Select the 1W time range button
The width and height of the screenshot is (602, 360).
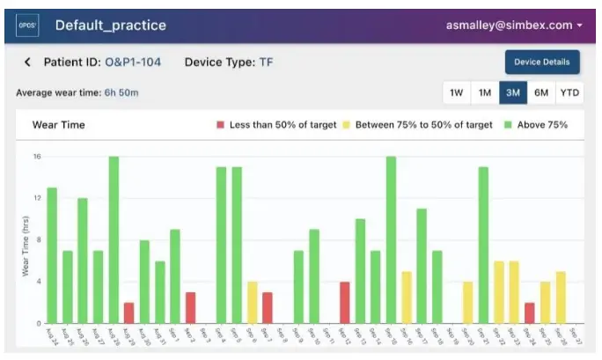click(456, 92)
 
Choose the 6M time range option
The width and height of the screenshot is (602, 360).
click(540, 92)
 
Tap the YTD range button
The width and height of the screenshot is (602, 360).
click(569, 92)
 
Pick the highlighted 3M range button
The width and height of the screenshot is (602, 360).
click(512, 92)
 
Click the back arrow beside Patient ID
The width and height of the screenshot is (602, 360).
click(27, 62)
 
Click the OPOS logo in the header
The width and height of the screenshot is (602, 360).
click(27, 26)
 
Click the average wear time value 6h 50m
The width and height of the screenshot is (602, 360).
click(122, 92)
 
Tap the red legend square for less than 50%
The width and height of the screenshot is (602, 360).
click(220, 125)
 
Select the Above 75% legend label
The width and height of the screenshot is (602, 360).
click(542, 125)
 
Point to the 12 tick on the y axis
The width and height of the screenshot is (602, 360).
click(38, 199)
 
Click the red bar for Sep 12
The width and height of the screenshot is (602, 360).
click(345, 302)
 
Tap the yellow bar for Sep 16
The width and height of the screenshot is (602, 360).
click(407, 297)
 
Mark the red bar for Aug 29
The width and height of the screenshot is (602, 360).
click(128, 312)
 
